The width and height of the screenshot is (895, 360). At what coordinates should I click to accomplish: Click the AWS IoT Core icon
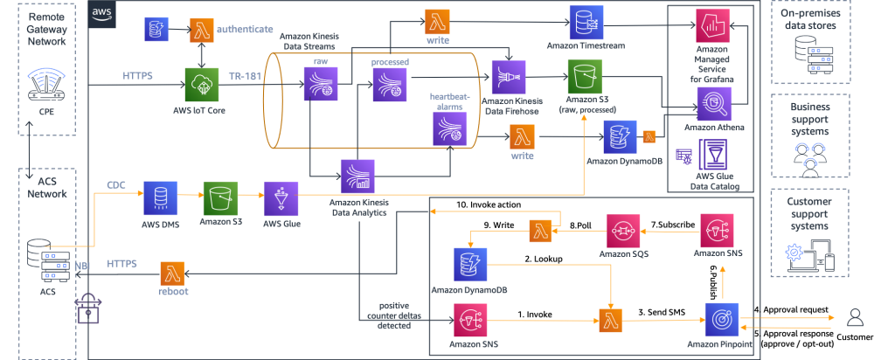click(x=201, y=86)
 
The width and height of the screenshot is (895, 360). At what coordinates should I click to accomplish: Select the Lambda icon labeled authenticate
click(x=202, y=29)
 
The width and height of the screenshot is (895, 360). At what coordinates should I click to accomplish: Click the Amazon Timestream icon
click(x=585, y=23)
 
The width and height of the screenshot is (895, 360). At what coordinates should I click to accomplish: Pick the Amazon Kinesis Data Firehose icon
click(x=508, y=77)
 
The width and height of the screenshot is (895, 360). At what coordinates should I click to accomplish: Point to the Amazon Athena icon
click(x=713, y=104)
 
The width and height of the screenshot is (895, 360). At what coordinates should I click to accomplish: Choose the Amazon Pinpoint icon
click(x=721, y=319)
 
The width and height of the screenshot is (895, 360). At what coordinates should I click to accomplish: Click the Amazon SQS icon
click(x=623, y=231)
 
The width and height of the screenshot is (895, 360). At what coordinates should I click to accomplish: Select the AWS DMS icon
click(x=159, y=198)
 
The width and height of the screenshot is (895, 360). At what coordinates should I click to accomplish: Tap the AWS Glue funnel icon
click(x=281, y=198)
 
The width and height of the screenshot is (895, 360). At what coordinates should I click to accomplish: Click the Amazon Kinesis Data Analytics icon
click(x=357, y=176)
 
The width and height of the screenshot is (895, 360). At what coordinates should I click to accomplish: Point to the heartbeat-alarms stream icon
click(x=449, y=128)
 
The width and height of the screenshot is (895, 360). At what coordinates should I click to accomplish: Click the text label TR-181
click(x=245, y=76)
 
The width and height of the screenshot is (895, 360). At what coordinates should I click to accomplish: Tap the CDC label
click(x=116, y=185)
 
